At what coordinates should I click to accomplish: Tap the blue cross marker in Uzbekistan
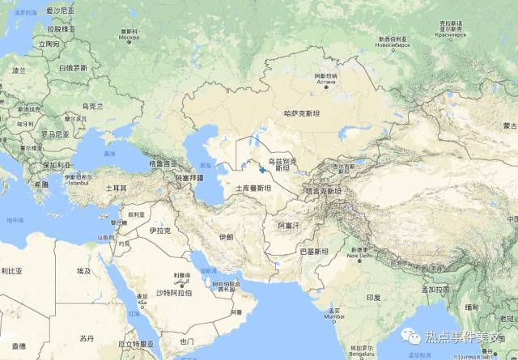point(262,169)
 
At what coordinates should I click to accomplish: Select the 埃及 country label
point(84,271)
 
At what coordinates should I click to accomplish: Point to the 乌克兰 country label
point(95,106)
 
